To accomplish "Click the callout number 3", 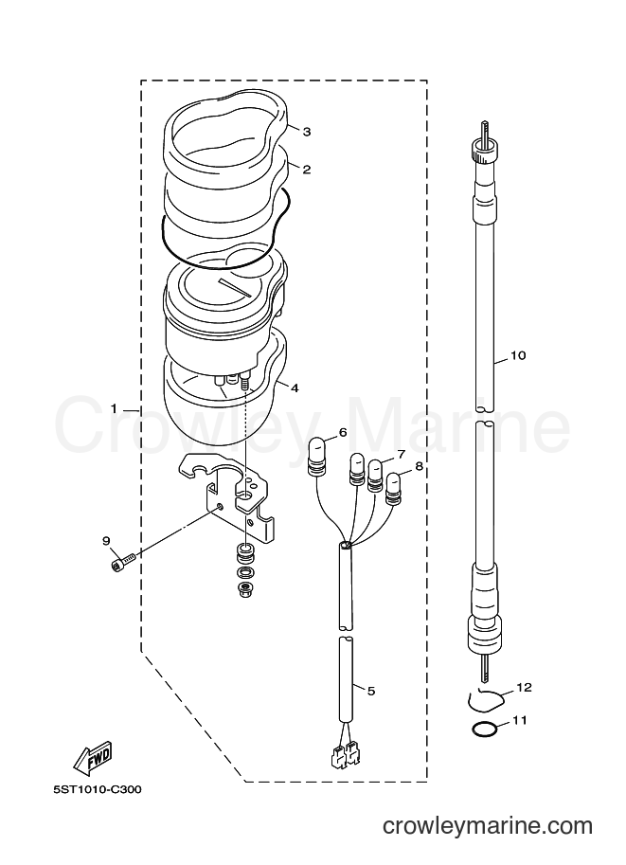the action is (x=307, y=132).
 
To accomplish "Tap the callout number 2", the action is (x=307, y=169).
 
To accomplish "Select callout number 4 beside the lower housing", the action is (x=295, y=387).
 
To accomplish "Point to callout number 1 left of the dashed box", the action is (x=114, y=408).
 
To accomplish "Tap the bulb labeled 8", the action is (x=394, y=489).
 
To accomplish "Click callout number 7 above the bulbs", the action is (x=401, y=455).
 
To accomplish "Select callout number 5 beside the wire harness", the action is (x=371, y=690).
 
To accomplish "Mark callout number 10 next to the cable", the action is (x=518, y=355).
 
